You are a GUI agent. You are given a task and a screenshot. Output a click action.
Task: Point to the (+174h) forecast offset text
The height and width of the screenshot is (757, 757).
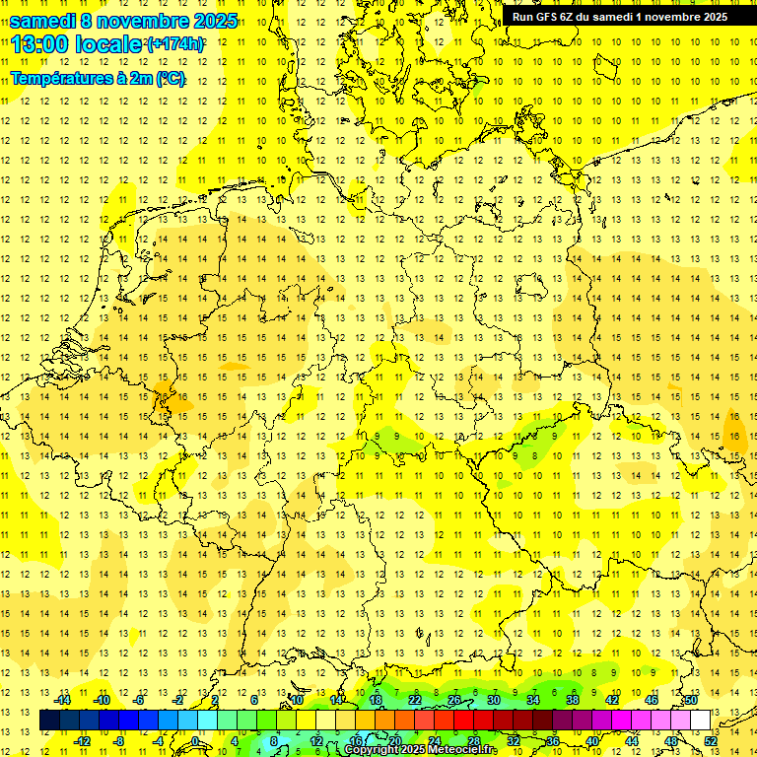pos(175,44)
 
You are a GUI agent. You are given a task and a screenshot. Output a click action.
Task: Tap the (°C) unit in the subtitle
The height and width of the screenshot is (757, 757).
pos(169,78)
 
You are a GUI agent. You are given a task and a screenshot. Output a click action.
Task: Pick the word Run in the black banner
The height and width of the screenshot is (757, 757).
pos(522,17)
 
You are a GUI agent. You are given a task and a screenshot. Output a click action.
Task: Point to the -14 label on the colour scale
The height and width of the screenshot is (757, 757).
pos(64,700)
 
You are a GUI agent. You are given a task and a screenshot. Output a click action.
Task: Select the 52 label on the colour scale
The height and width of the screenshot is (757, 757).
pos(712,741)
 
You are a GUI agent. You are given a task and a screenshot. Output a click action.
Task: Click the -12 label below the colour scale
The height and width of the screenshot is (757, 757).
pos(84,741)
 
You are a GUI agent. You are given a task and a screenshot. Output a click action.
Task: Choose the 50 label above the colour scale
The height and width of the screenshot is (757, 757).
pos(692,700)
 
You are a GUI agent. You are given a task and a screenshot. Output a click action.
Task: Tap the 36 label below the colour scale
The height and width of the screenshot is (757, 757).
pos(553,741)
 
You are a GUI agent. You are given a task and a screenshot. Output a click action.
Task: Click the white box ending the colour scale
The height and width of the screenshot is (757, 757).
pos(701,721)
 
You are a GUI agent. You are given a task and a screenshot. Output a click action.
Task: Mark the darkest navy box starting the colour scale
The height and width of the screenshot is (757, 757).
pos(49,721)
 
